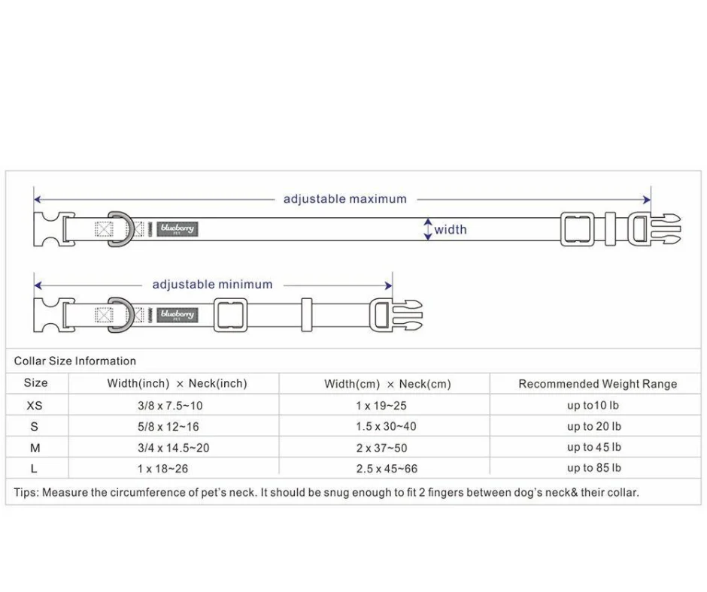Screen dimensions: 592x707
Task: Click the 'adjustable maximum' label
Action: click(344, 199)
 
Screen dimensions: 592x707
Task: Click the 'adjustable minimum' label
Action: click(212, 285)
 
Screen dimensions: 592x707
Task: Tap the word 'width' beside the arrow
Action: click(451, 230)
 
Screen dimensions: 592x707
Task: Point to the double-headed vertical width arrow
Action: click(428, 229)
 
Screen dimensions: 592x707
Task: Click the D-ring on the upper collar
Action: click(120, 229)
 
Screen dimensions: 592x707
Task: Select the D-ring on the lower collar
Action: click(120, 315)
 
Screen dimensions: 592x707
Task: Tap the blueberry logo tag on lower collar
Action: click(177, 315)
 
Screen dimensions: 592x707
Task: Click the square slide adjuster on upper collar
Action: click(577, 229)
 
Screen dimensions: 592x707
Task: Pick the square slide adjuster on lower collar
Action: click(230, 315)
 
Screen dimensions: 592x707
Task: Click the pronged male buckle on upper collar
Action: click(657, 229)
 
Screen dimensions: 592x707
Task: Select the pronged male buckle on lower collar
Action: click(398, 315)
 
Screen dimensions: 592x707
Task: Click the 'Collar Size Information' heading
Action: click(75, 361)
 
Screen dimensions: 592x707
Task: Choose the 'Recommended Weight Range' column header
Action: click(597, 384)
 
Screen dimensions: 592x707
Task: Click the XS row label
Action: click(35, 405)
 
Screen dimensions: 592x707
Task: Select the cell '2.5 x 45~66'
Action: click(387, 469)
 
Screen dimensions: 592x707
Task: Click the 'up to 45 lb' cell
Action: click(593, 447)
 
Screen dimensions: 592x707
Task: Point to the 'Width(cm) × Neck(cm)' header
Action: click(387, 384)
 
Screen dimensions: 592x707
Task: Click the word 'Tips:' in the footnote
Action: click(26, 493)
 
